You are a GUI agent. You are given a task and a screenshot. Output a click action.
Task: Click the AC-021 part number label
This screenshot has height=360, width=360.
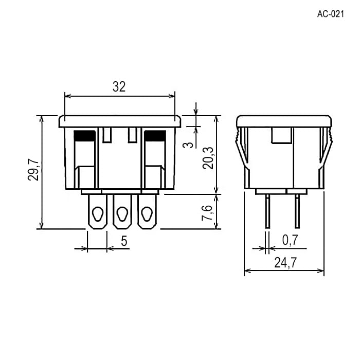point(331,14)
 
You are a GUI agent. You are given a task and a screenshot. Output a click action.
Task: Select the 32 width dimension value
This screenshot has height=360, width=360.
point(119,87)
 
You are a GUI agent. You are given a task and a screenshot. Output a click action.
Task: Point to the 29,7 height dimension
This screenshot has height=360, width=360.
point(33,169)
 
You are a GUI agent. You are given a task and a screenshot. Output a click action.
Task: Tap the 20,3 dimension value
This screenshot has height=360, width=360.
point(208,158)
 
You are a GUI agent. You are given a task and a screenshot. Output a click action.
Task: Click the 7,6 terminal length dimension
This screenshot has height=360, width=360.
point(207,213)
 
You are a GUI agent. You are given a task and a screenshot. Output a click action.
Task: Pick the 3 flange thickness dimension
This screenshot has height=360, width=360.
point(189,145)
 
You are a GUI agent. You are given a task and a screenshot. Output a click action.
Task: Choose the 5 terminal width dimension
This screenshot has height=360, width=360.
point(124,241)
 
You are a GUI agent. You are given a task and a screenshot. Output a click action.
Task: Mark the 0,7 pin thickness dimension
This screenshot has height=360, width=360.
point(290,240)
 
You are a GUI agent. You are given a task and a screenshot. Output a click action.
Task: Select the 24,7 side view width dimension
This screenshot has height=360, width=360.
point(285,262)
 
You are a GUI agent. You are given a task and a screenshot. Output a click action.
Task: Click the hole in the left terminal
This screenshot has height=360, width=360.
point(98,214)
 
